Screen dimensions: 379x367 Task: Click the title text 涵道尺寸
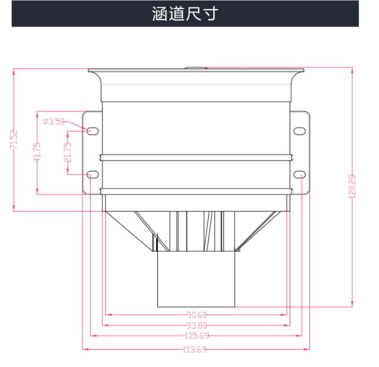(185, 14)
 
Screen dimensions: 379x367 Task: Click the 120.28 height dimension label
(352, 187)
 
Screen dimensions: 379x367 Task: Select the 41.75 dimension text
(37, 152)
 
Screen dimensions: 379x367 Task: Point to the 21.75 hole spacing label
(68, 152)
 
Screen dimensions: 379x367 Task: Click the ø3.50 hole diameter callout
(54, 121)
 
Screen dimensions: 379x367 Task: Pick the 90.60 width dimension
(197, 315)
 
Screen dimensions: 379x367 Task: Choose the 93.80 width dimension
(197, 326)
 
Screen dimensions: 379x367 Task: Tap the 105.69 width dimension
(197, 335)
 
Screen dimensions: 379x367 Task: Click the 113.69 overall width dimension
(195, 349)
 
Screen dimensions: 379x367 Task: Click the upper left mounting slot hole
(93, 131)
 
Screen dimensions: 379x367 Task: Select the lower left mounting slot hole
(93, 174)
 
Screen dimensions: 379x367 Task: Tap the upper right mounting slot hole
(299, 131)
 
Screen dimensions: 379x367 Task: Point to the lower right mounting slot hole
(299, 174)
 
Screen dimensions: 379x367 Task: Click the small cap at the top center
(196, 68)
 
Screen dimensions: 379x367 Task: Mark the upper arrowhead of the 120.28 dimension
(352, 71)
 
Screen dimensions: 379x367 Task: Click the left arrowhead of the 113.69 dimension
(85, 349)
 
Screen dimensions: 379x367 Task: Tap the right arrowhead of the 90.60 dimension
(284, 315)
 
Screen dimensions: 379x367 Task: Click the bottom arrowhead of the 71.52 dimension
(14, 208)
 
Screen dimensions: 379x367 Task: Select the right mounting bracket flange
(300, 153)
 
